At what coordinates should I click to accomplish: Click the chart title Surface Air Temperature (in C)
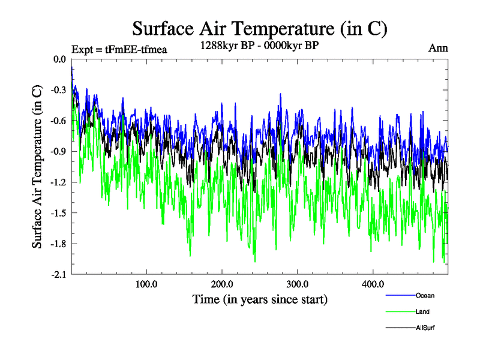point(260,28)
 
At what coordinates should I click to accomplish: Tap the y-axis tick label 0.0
point(59,59)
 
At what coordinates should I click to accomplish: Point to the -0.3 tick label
point(58,90)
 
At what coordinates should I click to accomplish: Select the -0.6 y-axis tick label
point(58,121)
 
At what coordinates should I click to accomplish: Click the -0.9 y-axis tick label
point(58,151)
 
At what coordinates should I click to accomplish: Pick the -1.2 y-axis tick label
point(58,182)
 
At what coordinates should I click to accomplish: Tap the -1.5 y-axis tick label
point(58,212)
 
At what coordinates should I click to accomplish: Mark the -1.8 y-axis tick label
point(58,244)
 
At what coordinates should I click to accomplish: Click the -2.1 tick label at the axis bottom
point(58,274)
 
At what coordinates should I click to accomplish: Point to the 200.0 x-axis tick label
point(222,284)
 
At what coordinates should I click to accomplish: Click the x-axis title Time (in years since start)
point(260,298)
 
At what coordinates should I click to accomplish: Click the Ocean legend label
point(425,295)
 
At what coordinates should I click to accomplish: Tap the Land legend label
point(422,311)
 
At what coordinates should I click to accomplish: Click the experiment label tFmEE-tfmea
point(119,49)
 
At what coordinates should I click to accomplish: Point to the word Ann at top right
point(438,48)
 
